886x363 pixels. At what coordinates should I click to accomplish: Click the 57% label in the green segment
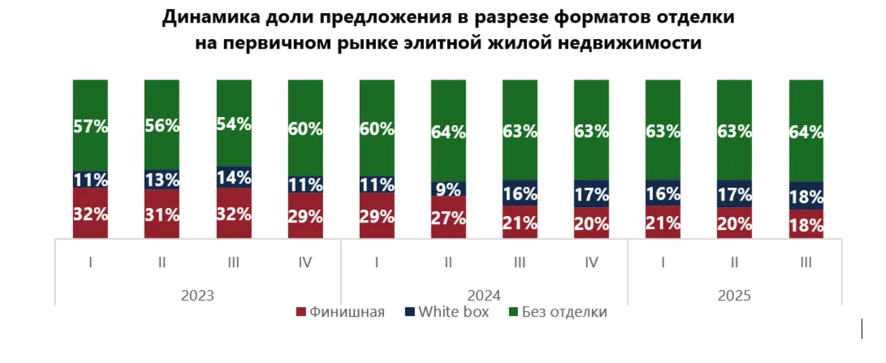[x=90, y=126]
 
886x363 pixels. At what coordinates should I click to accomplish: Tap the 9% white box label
[x=448, y=190]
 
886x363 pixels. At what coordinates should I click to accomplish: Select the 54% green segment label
[x=234, y=124]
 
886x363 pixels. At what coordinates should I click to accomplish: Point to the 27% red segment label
[x=448, y=218]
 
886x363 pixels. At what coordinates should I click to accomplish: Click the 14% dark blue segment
[x=234, y=178]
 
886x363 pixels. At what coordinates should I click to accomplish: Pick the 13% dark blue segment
[x=162, y=179]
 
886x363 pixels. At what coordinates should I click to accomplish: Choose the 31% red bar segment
[x=162, y=214]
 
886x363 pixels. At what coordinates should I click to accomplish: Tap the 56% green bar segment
[x=162, y=126]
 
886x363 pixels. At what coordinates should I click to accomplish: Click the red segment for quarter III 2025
[x=806, y=224]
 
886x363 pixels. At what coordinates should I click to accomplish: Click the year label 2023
[x=198, y=295]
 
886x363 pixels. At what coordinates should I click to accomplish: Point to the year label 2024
[x=484, y=295]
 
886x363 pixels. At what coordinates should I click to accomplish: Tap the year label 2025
[x=736, y=295]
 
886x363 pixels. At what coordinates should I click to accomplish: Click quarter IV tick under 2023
[x=305, y=263]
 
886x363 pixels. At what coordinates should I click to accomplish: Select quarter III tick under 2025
[x=806, y=263]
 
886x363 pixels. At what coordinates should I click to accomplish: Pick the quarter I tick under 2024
[x=377, y=263]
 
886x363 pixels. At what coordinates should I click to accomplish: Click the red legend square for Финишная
[x=300, y=313]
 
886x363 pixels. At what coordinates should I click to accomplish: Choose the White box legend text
[x=453, y=312]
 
